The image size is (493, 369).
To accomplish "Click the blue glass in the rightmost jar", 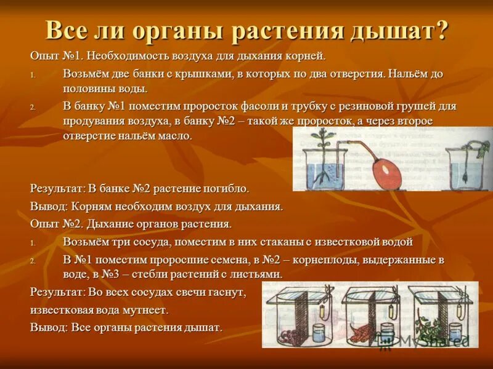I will [455, 333].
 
